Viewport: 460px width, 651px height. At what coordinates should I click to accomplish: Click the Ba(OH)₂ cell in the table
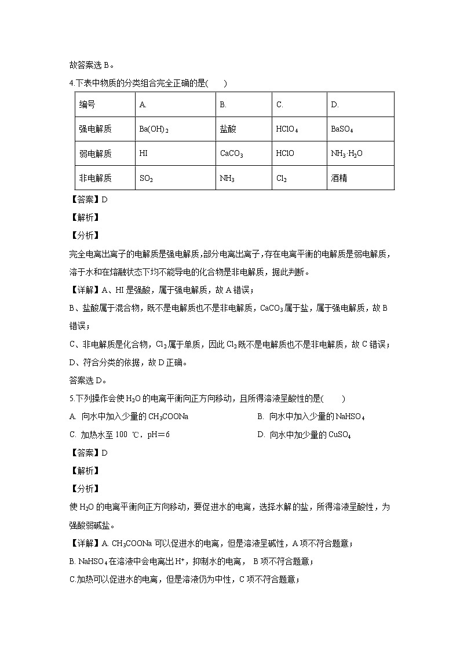pos(154,129)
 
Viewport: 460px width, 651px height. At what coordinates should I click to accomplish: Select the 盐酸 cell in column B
pos(228,129)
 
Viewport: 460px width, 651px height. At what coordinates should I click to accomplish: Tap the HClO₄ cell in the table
pos(286,129)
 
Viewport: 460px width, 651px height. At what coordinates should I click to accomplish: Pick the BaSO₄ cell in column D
pos(342,129)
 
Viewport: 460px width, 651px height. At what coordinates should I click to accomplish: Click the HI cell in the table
pos(144,154)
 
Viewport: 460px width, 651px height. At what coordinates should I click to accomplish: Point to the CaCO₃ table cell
pos(231,154)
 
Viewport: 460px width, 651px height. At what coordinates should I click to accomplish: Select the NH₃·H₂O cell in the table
pos(346,154)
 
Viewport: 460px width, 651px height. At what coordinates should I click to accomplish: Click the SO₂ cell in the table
pos(146,179)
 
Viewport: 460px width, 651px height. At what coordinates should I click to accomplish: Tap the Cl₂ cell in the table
pos(282,179)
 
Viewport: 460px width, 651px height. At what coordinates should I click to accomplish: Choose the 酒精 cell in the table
pos(339,179)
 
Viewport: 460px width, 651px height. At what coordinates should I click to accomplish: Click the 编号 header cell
pos(87,105)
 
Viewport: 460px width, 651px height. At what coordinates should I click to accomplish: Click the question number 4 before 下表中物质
pos(70,83)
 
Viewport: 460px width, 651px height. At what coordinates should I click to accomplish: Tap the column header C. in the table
pos(279,105)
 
